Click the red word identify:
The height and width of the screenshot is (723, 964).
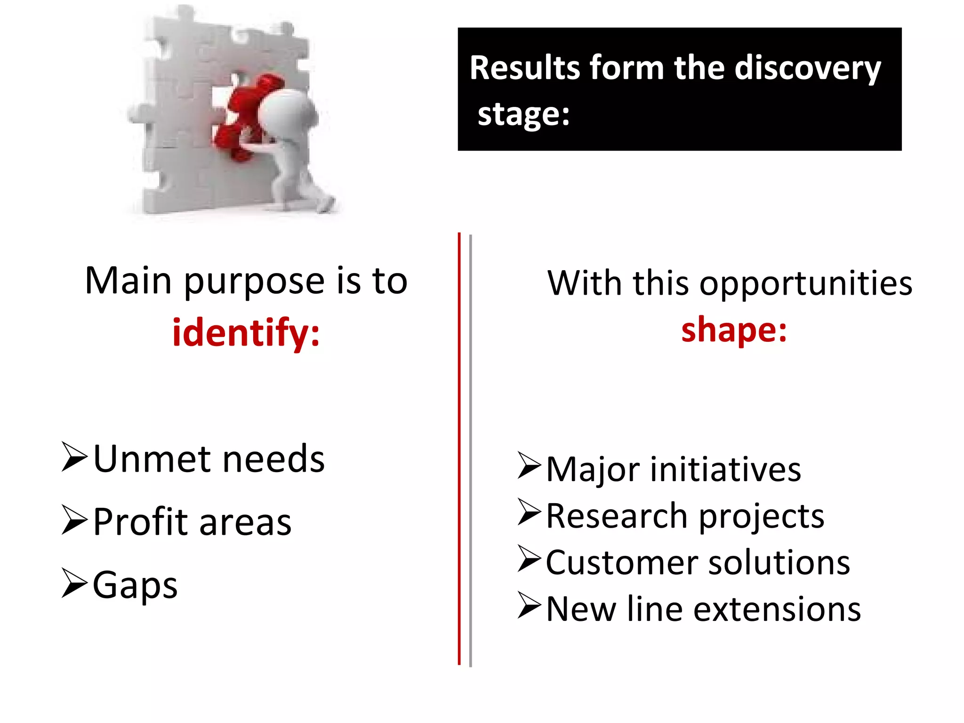pos(246,333)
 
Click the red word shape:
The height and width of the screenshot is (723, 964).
pos(734,329)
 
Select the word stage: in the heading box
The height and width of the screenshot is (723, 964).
pos(523,114)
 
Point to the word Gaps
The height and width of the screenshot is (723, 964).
pos(135,585)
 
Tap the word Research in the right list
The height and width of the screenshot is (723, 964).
pos(617,516)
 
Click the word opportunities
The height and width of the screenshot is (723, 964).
pos(805,284)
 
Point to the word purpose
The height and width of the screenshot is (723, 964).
pos(254,281)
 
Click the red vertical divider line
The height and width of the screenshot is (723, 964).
pos(459,447)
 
